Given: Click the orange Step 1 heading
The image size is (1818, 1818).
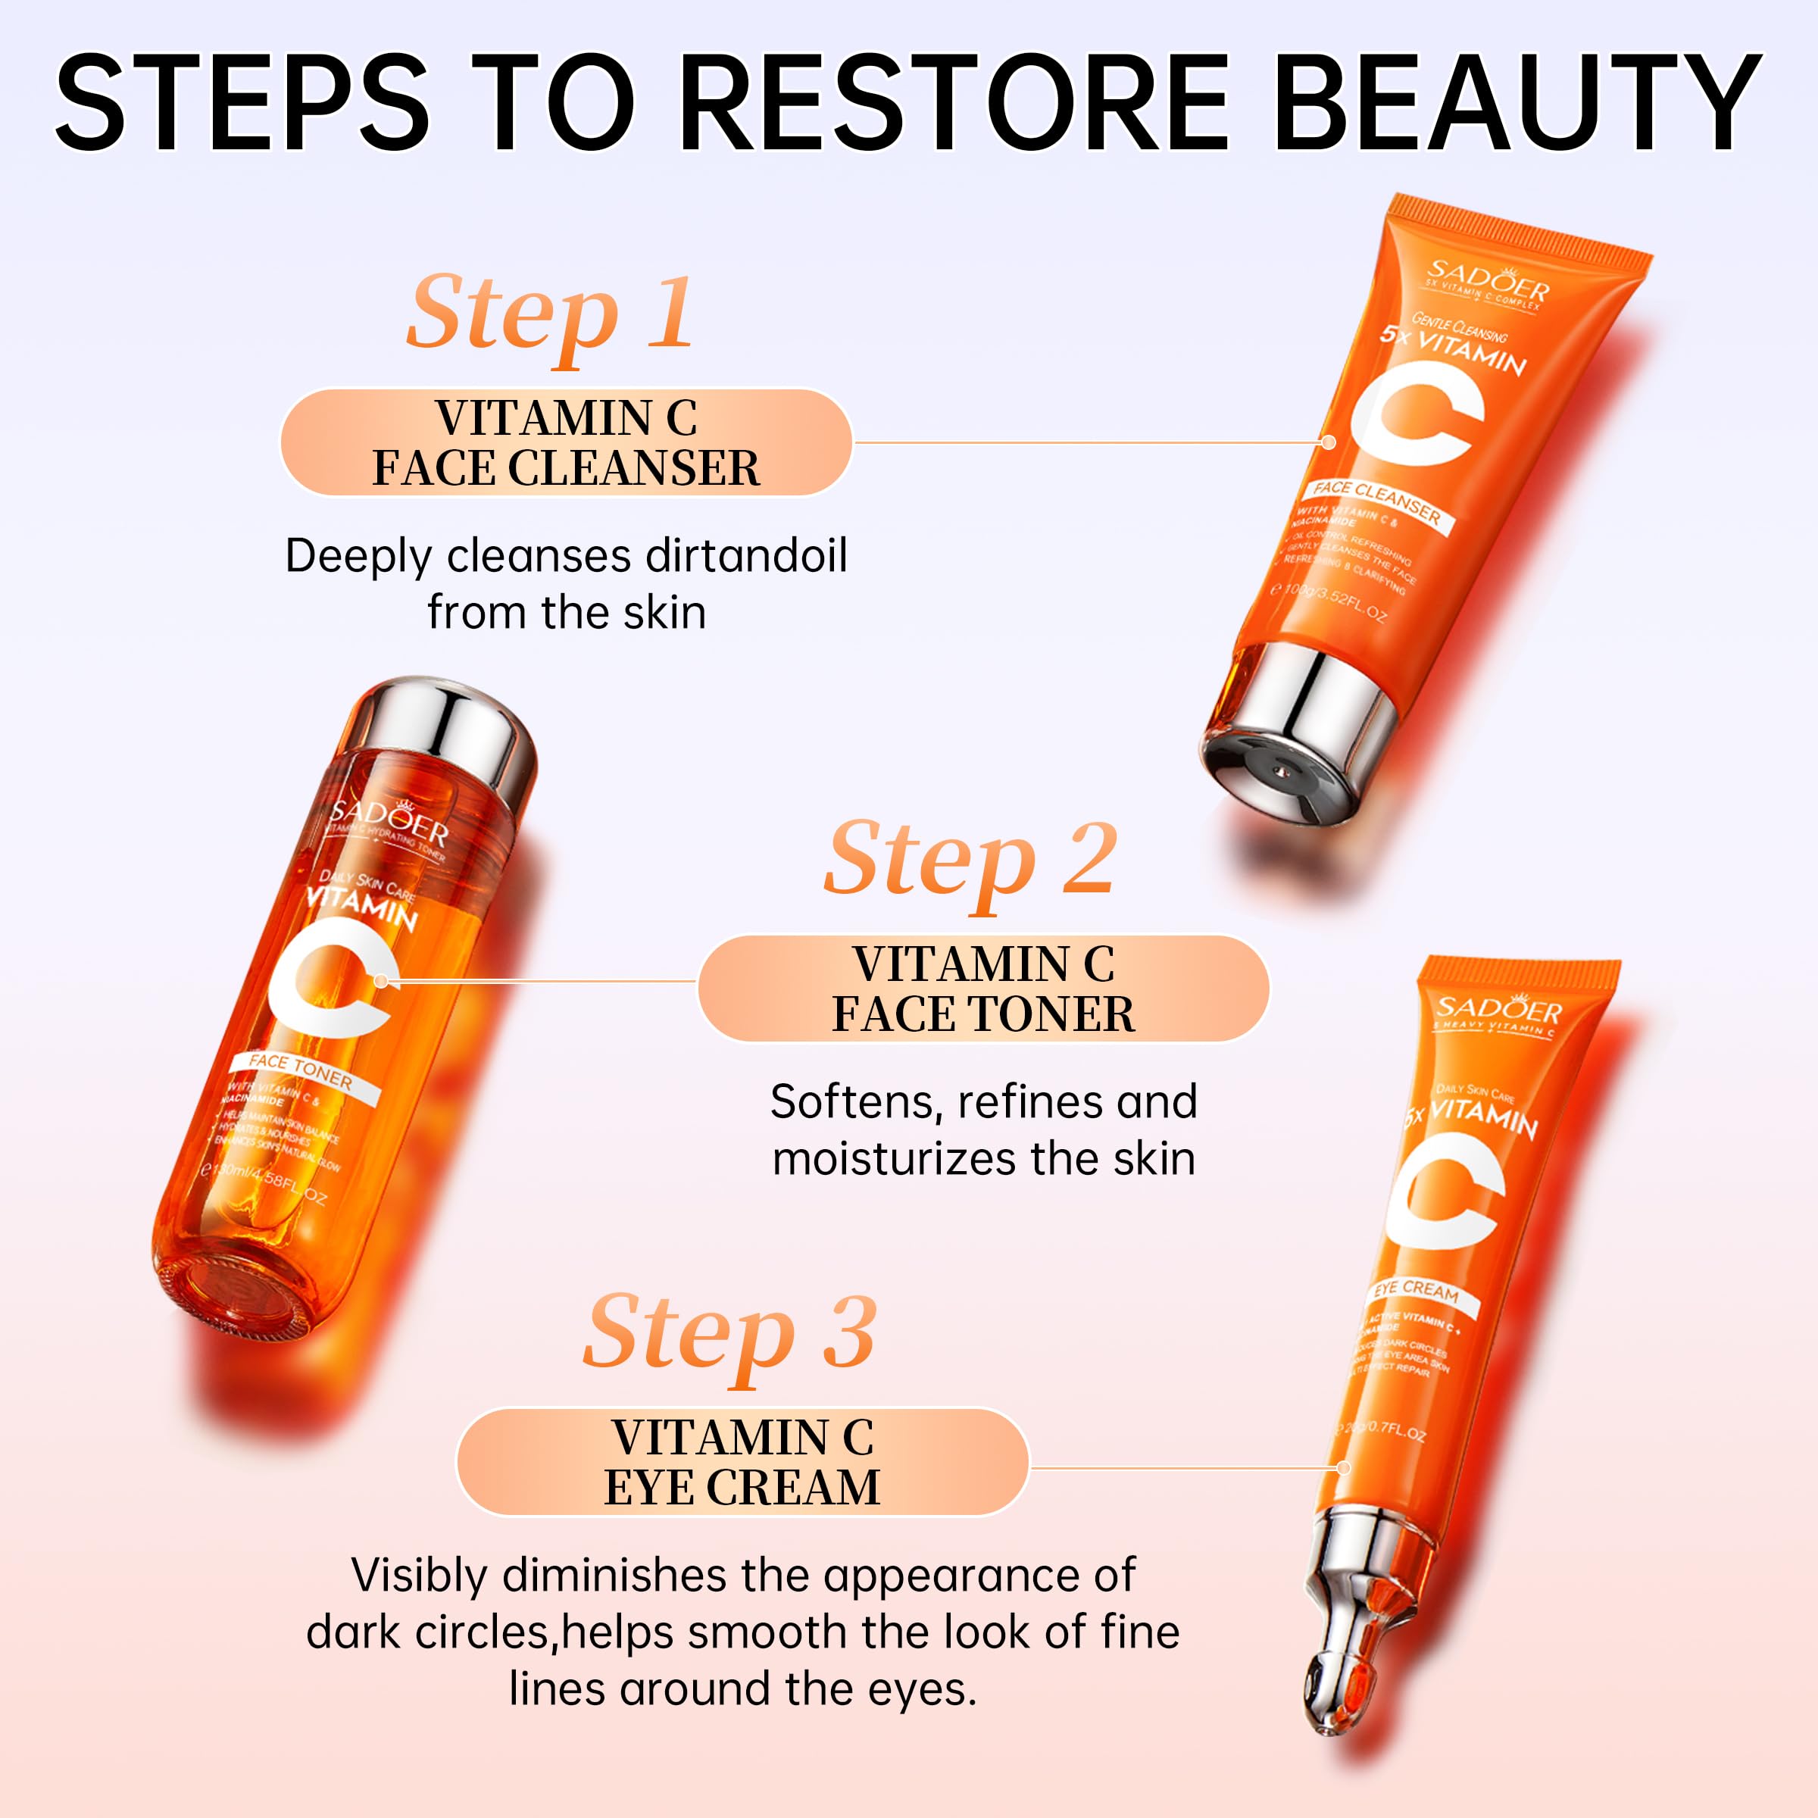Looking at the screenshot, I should [551, 314].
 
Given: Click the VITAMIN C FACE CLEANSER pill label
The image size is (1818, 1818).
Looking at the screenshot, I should [566, 442].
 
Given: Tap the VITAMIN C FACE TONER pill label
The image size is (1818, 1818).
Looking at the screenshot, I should [982, 988].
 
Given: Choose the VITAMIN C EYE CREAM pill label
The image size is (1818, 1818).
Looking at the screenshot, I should [742, 1461].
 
